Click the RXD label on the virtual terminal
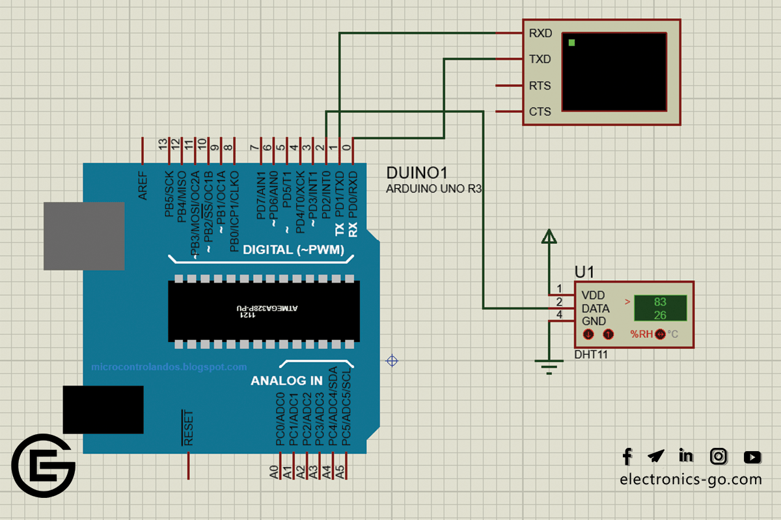540,33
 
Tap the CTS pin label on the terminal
540,112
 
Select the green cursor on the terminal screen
571,43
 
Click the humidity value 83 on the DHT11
660,302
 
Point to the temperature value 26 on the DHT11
660,315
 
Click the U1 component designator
584,272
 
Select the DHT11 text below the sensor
590,355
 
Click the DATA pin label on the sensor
596,308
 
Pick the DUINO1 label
417,174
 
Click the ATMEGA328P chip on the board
264,311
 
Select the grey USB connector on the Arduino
84,235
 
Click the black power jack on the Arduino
103,409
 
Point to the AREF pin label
143,186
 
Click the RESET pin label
188,427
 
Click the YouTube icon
752,457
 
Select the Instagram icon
719,456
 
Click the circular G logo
44,465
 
